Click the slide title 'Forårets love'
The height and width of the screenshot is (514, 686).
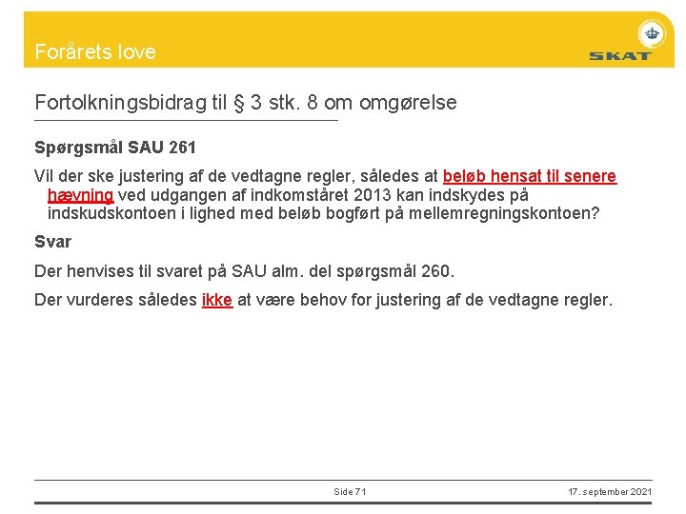tap(95, 52)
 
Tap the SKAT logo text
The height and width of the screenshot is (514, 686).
tap(619, 56)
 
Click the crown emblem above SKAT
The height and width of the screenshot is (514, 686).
tap(652, 34)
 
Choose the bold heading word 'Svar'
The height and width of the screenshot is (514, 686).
tap(52, 242)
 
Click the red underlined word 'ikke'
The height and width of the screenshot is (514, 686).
tap(217, 300)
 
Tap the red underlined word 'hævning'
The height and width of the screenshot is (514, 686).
tap(80, 194)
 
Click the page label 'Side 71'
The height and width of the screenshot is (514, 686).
tap(350, 491)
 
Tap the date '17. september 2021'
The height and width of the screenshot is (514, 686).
tap(610, 491)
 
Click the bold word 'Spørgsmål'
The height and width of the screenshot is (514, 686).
tap(78, 148)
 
